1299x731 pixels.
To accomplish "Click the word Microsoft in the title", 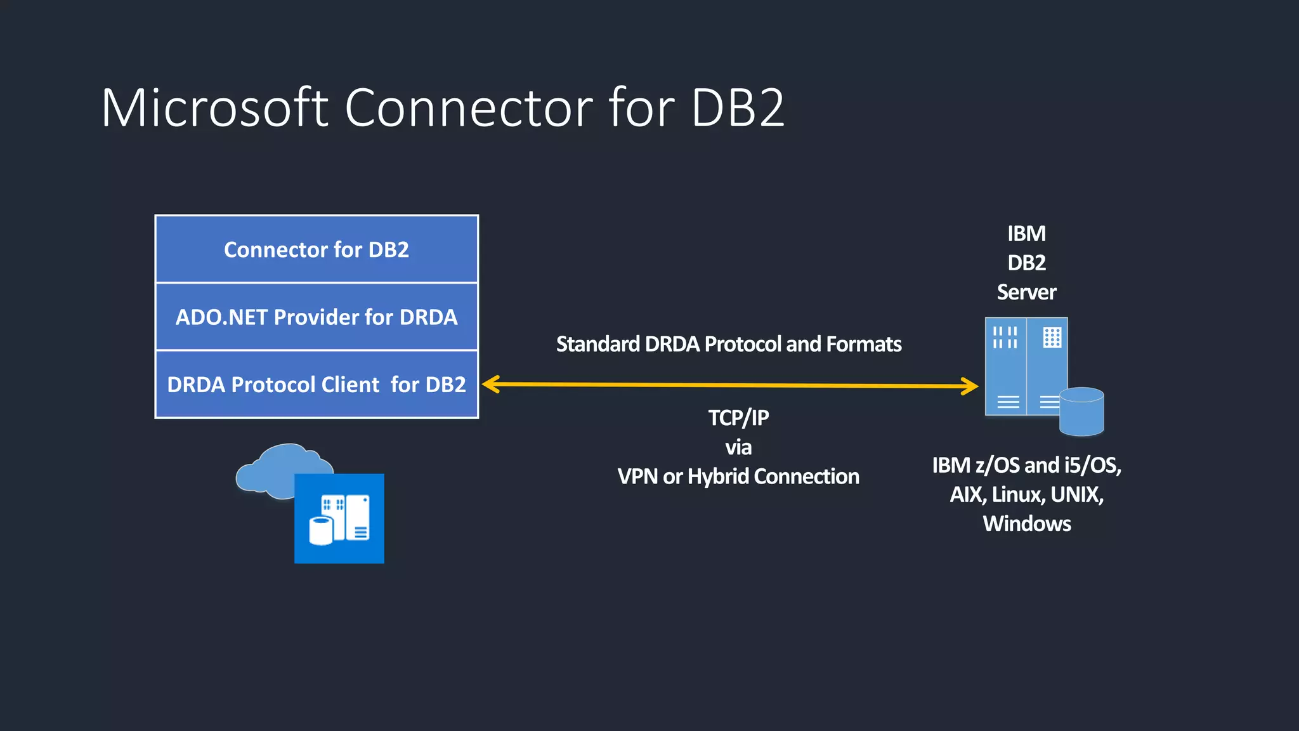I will [x=214, y=108].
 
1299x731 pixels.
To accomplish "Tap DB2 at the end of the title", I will [x=738, y=108].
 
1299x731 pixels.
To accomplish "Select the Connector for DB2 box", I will [x=317, y=249].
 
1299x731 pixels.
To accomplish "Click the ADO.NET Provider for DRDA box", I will [x=317, y=317].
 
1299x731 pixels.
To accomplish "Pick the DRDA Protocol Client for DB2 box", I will [x=317, y=385].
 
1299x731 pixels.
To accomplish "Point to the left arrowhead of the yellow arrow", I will [x=490, y=384].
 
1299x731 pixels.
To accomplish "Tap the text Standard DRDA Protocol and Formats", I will [x=728, y=344].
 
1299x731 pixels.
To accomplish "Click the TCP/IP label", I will [x=738, y=418].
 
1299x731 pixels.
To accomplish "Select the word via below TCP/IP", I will [x=738, y=447].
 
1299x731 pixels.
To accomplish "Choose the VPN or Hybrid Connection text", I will [x=738, y=477].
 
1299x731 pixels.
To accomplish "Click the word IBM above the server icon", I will [x=1026, y=234].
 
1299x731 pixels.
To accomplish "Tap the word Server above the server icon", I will [x=1026, y=292].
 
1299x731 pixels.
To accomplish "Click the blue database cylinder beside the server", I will [x=1081, y=412].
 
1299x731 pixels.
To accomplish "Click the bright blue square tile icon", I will [x=339, y=518].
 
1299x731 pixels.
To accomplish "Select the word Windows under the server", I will [x=1026, y=524].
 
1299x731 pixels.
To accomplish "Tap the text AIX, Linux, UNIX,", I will [x=1026, y=494].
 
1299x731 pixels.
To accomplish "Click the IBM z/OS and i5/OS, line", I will [x=1026, y=465].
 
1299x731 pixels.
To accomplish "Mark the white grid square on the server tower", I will [x=1052, y=337].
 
